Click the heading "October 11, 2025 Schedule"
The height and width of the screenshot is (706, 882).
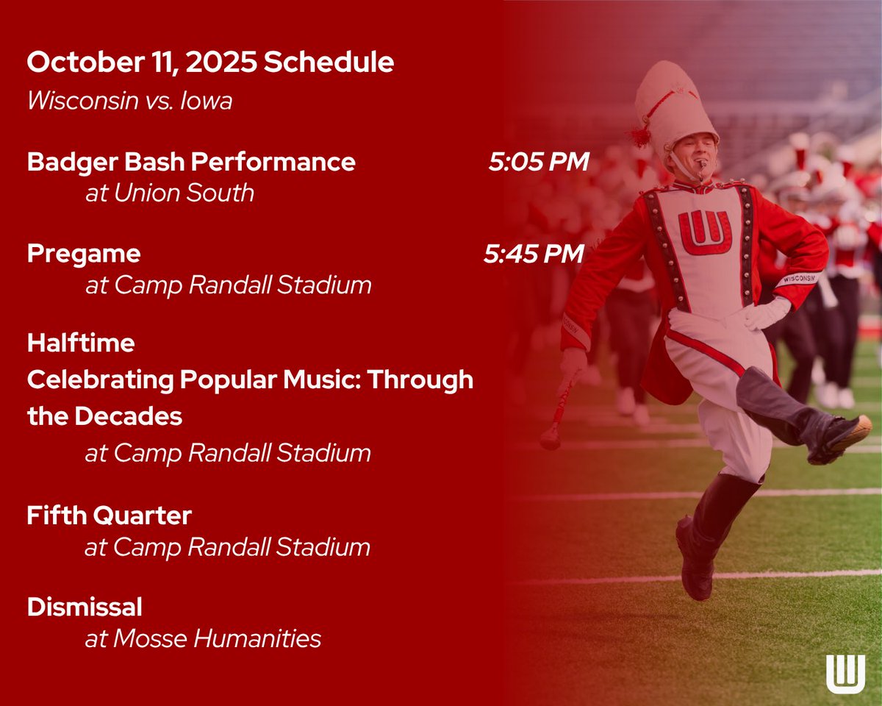point(210,63)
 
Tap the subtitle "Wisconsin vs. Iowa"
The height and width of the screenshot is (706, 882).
point(129,101)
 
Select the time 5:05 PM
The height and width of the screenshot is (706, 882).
point(539,162)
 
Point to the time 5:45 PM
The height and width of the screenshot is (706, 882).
point(534,254)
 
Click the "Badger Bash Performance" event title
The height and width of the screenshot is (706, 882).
point(191,162)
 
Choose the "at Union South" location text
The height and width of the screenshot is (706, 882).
point(169,193)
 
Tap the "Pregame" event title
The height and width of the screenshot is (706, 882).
point(84,254)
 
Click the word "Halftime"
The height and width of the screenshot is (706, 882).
point(81,343)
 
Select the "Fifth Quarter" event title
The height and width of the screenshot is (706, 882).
point(109,516)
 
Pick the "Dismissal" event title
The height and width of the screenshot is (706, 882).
point(85,607)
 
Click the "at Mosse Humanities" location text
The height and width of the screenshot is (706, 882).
point(203,638)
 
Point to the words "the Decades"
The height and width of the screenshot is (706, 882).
point(104,416)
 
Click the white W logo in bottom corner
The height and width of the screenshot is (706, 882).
point(845,673)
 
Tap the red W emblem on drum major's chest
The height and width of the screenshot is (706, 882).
point(704,232)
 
